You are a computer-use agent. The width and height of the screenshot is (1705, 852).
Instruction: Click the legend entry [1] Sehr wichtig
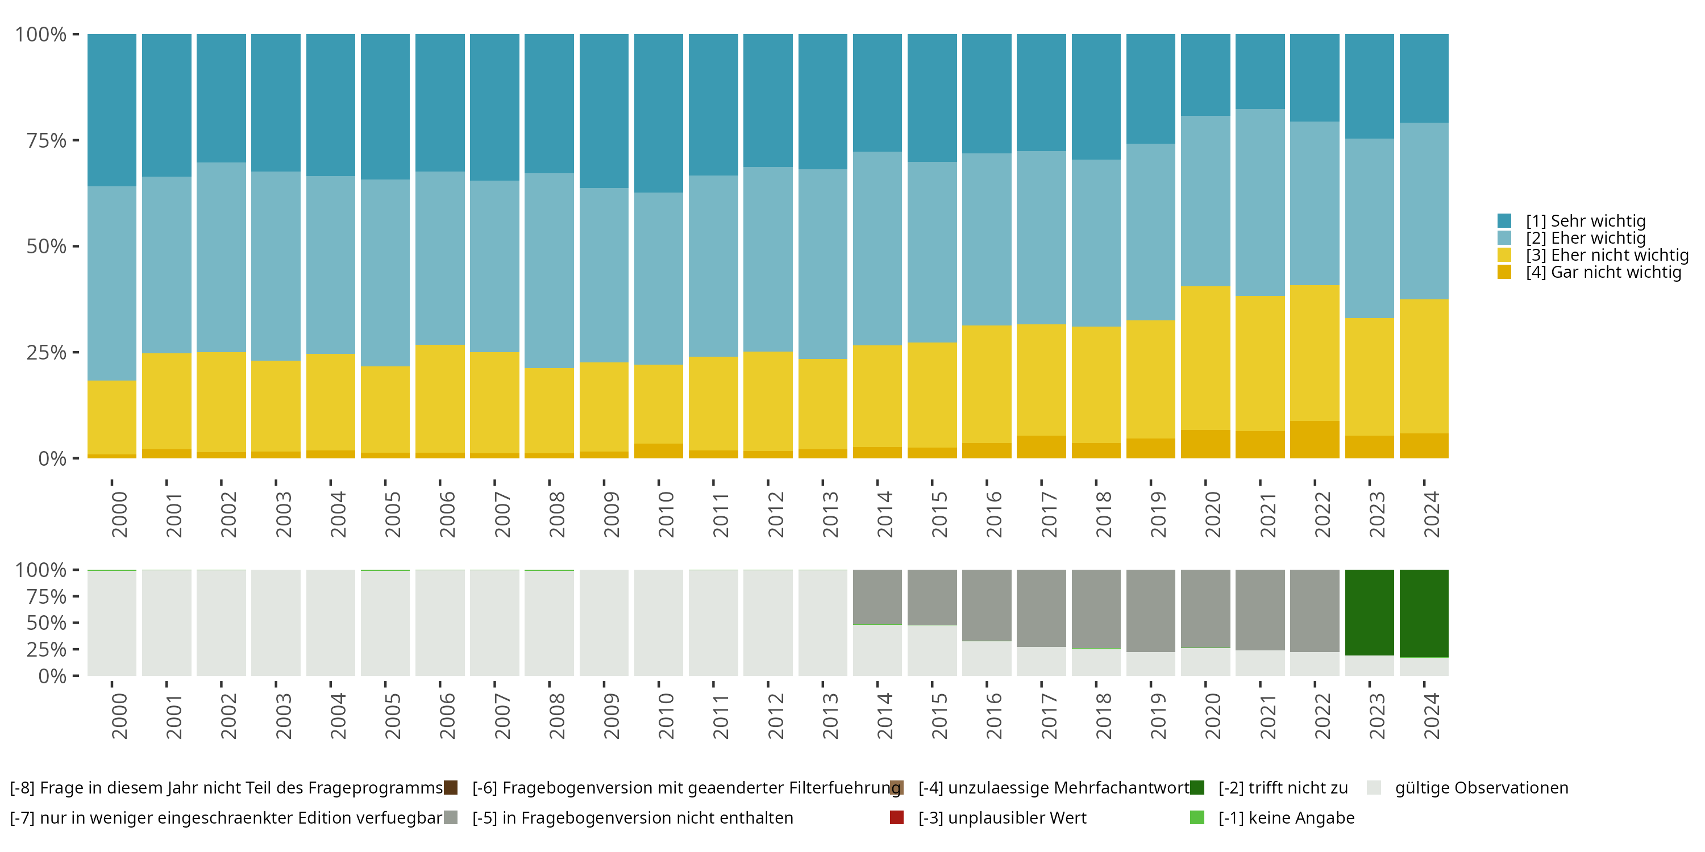click(1585, 221)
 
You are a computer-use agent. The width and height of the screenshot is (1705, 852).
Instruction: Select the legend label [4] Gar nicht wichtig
click(1603, 273)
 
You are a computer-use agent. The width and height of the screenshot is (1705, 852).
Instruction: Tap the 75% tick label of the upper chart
click(47, 140)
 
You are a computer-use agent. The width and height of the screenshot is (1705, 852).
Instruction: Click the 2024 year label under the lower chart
click(1431, 716)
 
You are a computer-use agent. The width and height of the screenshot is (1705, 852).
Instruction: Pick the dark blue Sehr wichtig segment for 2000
click(112, 110)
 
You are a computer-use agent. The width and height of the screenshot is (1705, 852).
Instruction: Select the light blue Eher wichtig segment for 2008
click(550, 270)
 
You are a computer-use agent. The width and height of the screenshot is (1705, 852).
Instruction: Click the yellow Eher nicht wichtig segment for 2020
click(1205, 358)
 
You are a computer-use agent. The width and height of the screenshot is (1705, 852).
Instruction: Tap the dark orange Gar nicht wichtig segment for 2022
click(1315, 439)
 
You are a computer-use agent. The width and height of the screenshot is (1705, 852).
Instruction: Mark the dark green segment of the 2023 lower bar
click(1370, 612)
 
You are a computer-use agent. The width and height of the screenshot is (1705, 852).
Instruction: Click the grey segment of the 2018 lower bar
click(1096, 608)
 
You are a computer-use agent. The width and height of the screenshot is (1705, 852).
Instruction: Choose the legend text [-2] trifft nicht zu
click(1283, 788)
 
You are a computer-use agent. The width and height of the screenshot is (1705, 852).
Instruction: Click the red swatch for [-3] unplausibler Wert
click(897, 817)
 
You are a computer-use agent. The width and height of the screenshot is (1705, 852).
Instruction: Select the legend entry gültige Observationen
click(1481, 788)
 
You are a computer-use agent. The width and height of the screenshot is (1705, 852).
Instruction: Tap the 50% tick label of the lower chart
click(47, 623)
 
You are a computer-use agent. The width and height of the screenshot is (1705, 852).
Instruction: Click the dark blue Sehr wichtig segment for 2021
click(1260, 72)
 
